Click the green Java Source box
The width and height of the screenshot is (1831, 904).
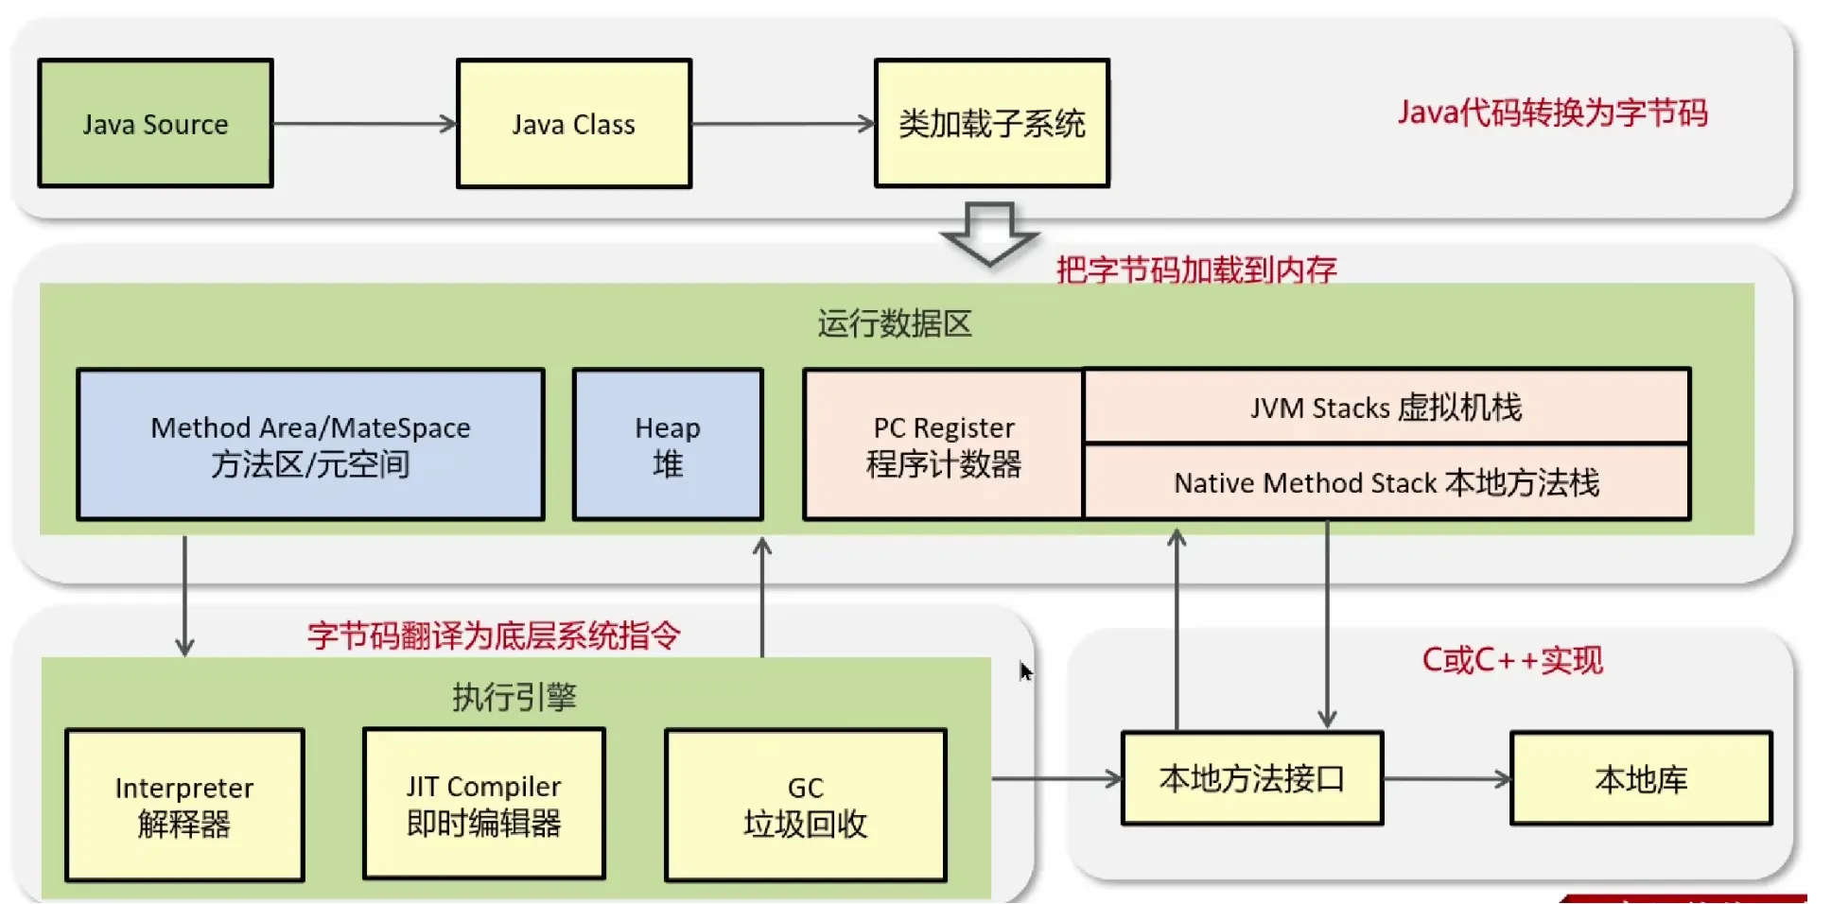pos(155,124)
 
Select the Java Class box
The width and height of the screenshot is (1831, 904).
pos(573,124)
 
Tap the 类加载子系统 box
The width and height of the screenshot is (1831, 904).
pos(991,124)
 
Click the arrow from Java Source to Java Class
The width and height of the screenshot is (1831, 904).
pos(364,124)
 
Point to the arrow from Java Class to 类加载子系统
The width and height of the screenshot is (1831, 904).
pos(782,124)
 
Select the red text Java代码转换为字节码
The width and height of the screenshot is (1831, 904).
pos(1552,113)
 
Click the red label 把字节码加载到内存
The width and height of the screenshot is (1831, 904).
pos(1195,269)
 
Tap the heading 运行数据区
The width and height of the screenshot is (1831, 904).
pos(894,323)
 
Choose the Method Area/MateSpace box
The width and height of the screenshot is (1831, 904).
pos(310,444)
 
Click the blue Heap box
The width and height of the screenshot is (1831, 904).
pos(668,444)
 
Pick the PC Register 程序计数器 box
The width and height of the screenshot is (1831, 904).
pos(943,444)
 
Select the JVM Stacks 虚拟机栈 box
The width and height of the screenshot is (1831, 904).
pos(1386,407)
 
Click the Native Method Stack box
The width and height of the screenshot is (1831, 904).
pos(1386,482)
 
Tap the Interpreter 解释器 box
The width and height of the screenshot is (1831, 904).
pos(184,805)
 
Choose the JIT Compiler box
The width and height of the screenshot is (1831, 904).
pos(483,804)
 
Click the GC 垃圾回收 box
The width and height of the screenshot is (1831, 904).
pos(805,805)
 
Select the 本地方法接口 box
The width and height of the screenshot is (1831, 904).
pos(1251,778)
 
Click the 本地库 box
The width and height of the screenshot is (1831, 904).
pos(1641,778)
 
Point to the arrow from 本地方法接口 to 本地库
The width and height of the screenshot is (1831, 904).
pos(1447,779)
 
